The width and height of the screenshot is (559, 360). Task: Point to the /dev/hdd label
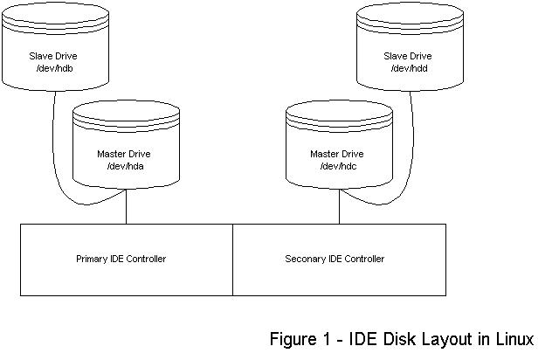pyautogui.click(x=410, y=68)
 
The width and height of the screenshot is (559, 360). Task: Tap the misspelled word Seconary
pyautogui.click(x=305, y=259)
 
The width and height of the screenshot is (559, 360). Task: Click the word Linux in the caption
pyautogui.click(x=513, y=338)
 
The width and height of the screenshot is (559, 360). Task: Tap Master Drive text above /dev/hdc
pyautogui.click(x=336, y=153)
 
